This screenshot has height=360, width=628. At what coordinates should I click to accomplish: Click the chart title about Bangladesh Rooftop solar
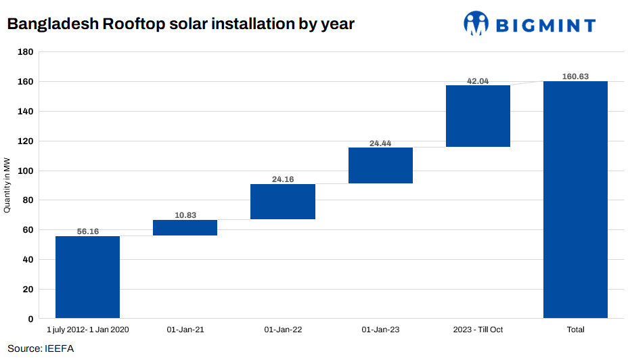tap(181, 24)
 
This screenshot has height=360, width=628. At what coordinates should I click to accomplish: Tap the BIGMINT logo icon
tap(476, 24)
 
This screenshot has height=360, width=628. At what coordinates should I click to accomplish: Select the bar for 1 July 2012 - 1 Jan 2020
tap(87, 277)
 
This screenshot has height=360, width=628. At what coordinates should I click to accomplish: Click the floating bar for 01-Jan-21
tap(185, 227)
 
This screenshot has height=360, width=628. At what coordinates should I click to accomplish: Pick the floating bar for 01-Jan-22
tap(282, 202)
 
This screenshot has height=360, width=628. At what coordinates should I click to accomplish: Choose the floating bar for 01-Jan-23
tap(380, 165)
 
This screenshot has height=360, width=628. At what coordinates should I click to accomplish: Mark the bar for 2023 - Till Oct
tap(478, 116)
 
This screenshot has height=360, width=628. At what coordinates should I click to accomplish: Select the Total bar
tap(575, 200)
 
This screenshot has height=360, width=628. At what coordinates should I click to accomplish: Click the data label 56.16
tap(87, 231)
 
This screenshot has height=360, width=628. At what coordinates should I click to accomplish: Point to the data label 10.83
tap(185, 215)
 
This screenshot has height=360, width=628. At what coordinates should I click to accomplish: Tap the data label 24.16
tap(282, 179)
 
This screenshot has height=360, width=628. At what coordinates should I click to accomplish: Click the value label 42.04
tap(478, 81)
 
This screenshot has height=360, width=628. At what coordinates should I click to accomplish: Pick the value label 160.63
tap(575, 76)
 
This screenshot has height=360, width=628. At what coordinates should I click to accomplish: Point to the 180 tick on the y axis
tap(26, 52)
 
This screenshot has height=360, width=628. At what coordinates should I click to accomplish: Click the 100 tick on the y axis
tap(26, 171)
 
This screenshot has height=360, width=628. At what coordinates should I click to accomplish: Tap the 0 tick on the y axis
tap(30, 319)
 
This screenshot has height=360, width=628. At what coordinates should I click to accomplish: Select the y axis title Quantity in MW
tap(7, 185)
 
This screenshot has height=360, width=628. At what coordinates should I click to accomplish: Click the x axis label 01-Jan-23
tap(380, 330)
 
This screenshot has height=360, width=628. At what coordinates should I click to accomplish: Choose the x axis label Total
tap(575, 330)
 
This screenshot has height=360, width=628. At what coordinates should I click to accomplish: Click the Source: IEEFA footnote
tap(41, 348)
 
